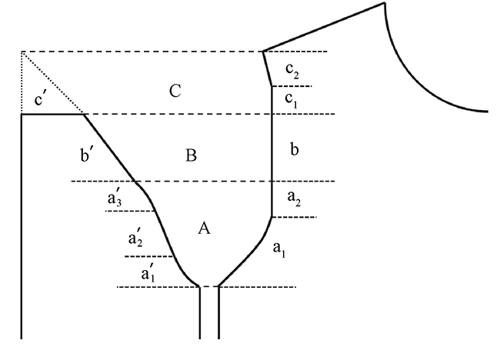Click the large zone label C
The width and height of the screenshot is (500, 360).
[x=175, y=92]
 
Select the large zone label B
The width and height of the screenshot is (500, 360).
[x=192, y=156]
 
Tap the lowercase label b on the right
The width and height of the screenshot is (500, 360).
[x=294, y=149]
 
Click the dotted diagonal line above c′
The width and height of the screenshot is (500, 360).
[x=52, y=82]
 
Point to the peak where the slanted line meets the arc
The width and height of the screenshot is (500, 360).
[x=382, y=4]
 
